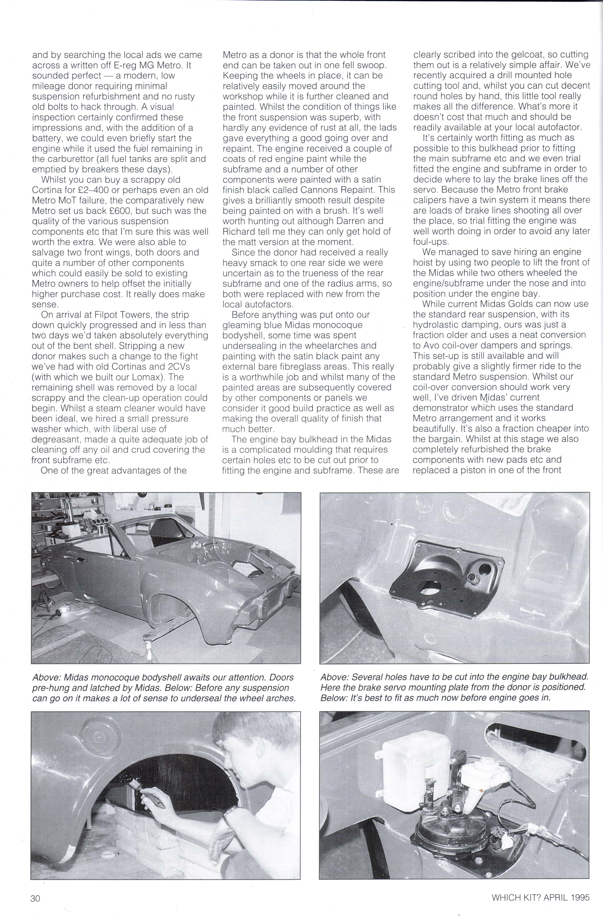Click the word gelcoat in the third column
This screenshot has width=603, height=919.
[x=531, y=55]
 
